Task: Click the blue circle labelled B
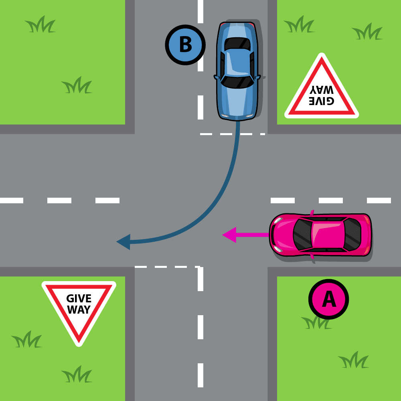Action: pos(185,45)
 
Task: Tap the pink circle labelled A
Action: pos(328,299)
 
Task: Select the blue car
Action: pos(237,71)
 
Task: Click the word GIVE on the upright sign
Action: pos(79,299)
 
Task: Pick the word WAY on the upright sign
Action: pos(79,310)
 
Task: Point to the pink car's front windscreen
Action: pos(302,235)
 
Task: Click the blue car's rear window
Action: pos(237,43)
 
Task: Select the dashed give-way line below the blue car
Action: pos(233,134)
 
